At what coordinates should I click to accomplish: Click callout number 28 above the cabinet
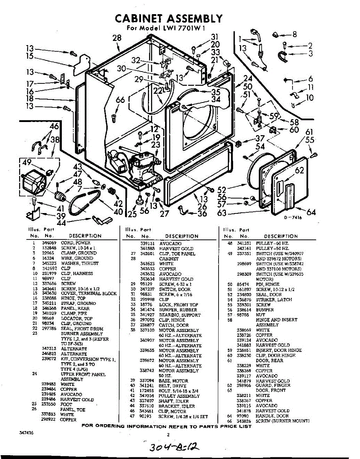117,37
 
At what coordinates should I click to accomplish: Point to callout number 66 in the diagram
120,100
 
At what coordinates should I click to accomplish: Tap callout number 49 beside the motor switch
27,163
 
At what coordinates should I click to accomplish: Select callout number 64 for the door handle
311,212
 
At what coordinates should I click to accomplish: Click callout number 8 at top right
294,34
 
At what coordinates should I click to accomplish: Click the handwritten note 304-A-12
172,447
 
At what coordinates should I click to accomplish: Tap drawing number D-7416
293,217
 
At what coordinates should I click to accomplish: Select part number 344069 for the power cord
48,243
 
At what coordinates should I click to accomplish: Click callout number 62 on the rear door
299,170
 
